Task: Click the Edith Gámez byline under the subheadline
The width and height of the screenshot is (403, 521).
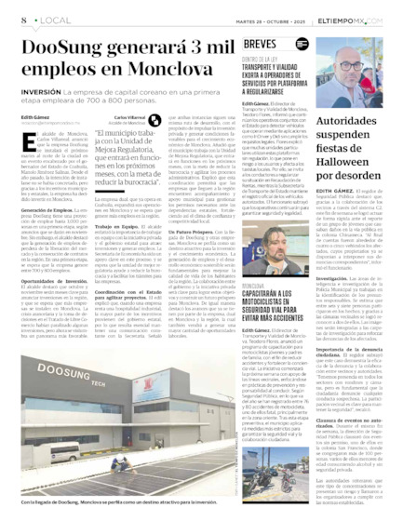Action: point(33,116)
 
